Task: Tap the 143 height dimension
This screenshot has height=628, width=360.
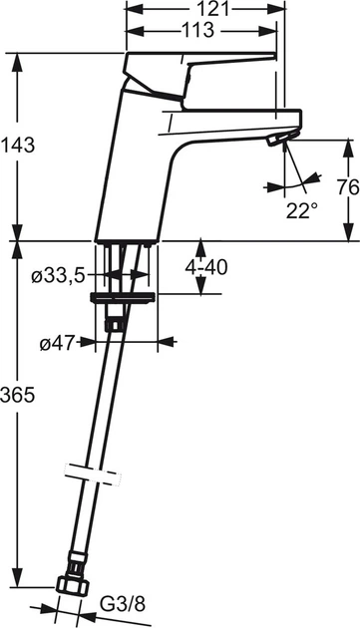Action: [x=18, y=146]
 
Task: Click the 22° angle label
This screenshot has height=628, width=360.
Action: [x=301, y=210]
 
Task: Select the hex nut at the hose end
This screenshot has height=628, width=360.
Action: [x=72, y=586]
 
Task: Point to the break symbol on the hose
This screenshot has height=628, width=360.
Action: [x=89, y=471]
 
